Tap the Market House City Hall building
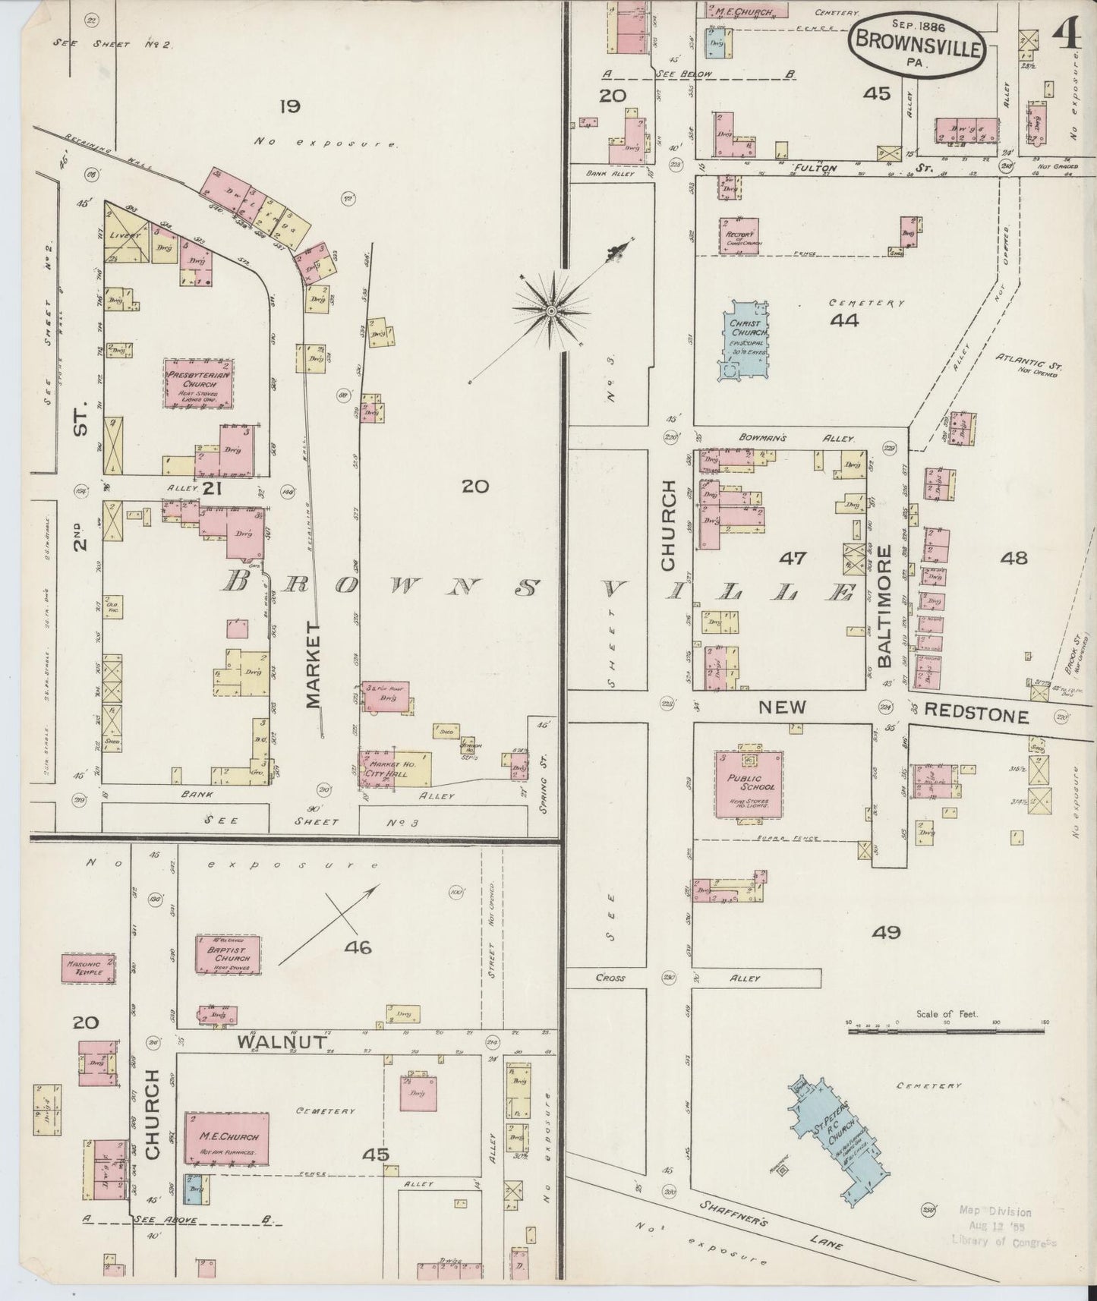pos(394,769)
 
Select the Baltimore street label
pos(885,614)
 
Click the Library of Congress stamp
pos(1004,1227)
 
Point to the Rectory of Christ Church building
pos(739,236)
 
